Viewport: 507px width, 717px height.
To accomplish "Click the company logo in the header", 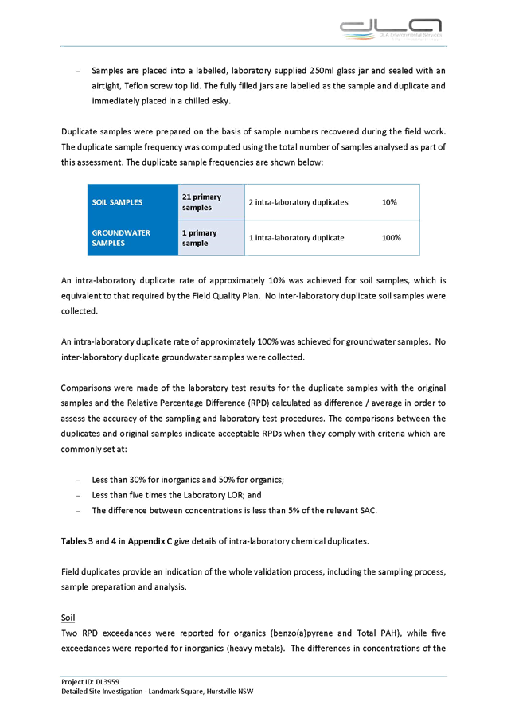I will tap(389, 29).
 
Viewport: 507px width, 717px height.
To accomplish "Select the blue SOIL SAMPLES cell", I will tap(133, 202).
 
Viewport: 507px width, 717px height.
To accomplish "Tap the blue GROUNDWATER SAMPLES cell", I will tap(133, 238).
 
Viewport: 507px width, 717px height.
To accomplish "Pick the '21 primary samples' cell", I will tap(210, 202).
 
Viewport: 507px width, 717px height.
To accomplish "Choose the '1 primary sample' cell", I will tap(210, 238).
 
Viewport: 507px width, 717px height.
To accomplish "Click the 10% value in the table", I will tap(390, 202).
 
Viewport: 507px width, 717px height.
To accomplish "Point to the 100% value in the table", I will tap(391, 238).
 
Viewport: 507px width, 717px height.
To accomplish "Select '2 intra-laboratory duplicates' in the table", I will tap(298, 202).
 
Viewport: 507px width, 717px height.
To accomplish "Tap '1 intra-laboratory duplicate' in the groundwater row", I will tap(296, 238).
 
